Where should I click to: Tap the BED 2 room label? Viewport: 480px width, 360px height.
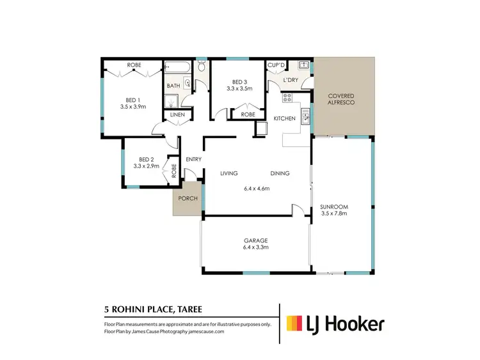(x=147, y=159)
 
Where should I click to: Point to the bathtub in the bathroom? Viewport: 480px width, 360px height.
(x=177, y=67)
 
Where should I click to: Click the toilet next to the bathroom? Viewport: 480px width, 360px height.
(x=202, y=67)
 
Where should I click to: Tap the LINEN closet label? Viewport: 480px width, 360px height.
(x=177, y=115)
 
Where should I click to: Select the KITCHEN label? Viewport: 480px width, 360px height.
(x=284, y=120)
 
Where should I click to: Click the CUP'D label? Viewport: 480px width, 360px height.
(x=276, y=65)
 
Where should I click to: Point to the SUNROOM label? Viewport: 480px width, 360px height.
(x=334, y=207)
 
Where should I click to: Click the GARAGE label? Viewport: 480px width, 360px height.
(x=255, y=240)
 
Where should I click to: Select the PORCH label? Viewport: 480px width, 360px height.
(x=187, y=198)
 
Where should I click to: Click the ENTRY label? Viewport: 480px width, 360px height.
(x=194, y=159)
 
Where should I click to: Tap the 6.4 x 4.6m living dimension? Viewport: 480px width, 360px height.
(x=257, y=189)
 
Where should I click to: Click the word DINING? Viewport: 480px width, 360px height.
(x=280, y=173)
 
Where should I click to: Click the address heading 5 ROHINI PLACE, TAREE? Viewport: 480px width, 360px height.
(x=153, y=309)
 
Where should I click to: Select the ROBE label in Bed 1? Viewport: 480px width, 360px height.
(x=134, y=65)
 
